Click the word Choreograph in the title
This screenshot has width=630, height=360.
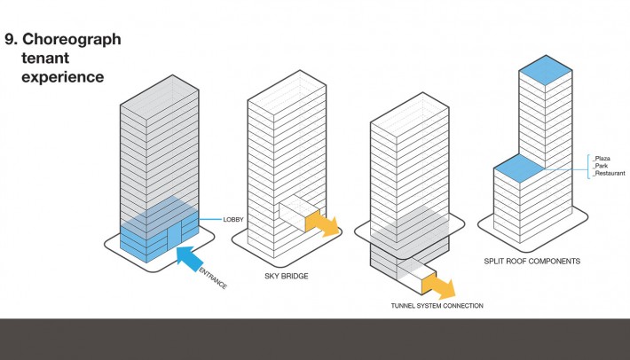[72, 40]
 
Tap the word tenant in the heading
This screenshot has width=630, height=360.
[45, 58]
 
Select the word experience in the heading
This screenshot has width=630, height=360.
[63, 77]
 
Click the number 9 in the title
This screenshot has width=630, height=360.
[11, 39]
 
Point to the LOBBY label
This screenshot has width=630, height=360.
[233, 220]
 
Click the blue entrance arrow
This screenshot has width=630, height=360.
[190, 259]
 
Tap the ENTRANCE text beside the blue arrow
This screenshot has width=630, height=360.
[213, 278]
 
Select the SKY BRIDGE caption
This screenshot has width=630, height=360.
[287, 276]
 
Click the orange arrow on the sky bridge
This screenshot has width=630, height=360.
[322, 223]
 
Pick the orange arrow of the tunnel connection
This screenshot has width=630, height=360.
[438, 286]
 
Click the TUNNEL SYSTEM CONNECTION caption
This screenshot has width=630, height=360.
[437, 306]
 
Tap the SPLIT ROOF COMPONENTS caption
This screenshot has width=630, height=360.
[532, 262]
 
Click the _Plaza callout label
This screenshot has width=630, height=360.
[602, 159]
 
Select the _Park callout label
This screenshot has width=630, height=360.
[600, 166]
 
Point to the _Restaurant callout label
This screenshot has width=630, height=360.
[609, 174]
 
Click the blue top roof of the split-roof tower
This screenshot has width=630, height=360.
[546, 70]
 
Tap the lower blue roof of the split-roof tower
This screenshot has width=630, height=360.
[518, 168]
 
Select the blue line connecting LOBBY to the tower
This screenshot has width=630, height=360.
[210, 220]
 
